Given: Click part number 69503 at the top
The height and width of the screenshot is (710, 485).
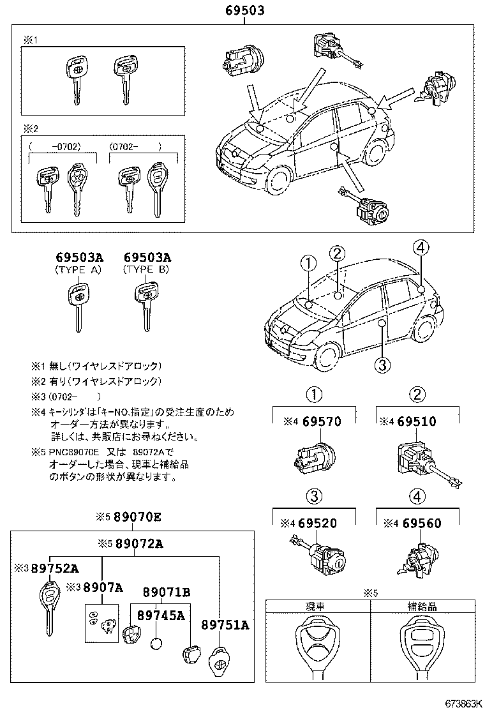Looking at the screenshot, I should (x=244, y=11).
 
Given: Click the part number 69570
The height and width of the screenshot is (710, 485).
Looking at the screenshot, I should (x=322, y=421).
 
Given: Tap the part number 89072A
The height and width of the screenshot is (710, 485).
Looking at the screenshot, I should (x=138, y=544).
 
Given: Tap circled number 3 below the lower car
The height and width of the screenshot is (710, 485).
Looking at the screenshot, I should (x=381, y=365).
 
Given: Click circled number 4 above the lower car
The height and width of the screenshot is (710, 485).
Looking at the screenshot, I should (x=420, y=248).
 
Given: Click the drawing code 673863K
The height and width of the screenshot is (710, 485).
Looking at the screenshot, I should (x=458, y=703).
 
